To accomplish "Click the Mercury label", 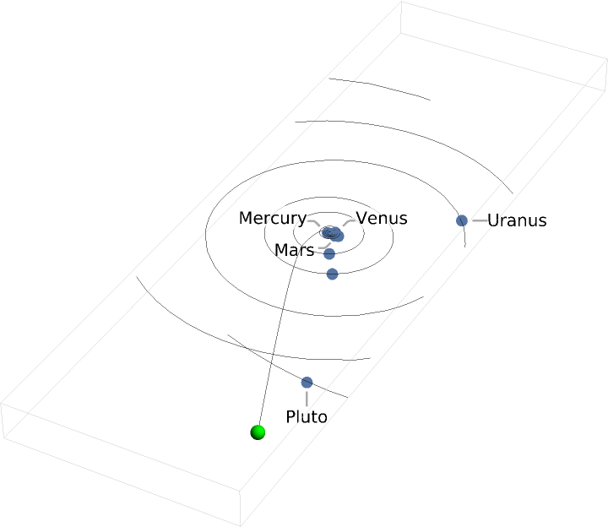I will (x=272, y=218).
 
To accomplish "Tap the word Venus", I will (x=382, y=218).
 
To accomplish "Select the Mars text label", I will (x=295, y=251).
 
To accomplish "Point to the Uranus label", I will (x=517, y=220).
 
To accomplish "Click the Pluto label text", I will (x=306, y=416).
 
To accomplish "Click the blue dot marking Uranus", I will (x=462, y=220).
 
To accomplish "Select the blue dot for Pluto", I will (x=307, y=383).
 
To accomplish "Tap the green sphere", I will (x=258, y=432).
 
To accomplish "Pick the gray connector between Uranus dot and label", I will (x=478, y=220).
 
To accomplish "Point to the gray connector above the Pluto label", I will (x=307, y=397).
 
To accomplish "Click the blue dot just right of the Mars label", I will (x=329, y=253).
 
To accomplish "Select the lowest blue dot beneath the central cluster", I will (x=332, y=274).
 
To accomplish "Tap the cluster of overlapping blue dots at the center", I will (x=334, y=233).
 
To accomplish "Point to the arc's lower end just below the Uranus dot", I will (x=465, y=246).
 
